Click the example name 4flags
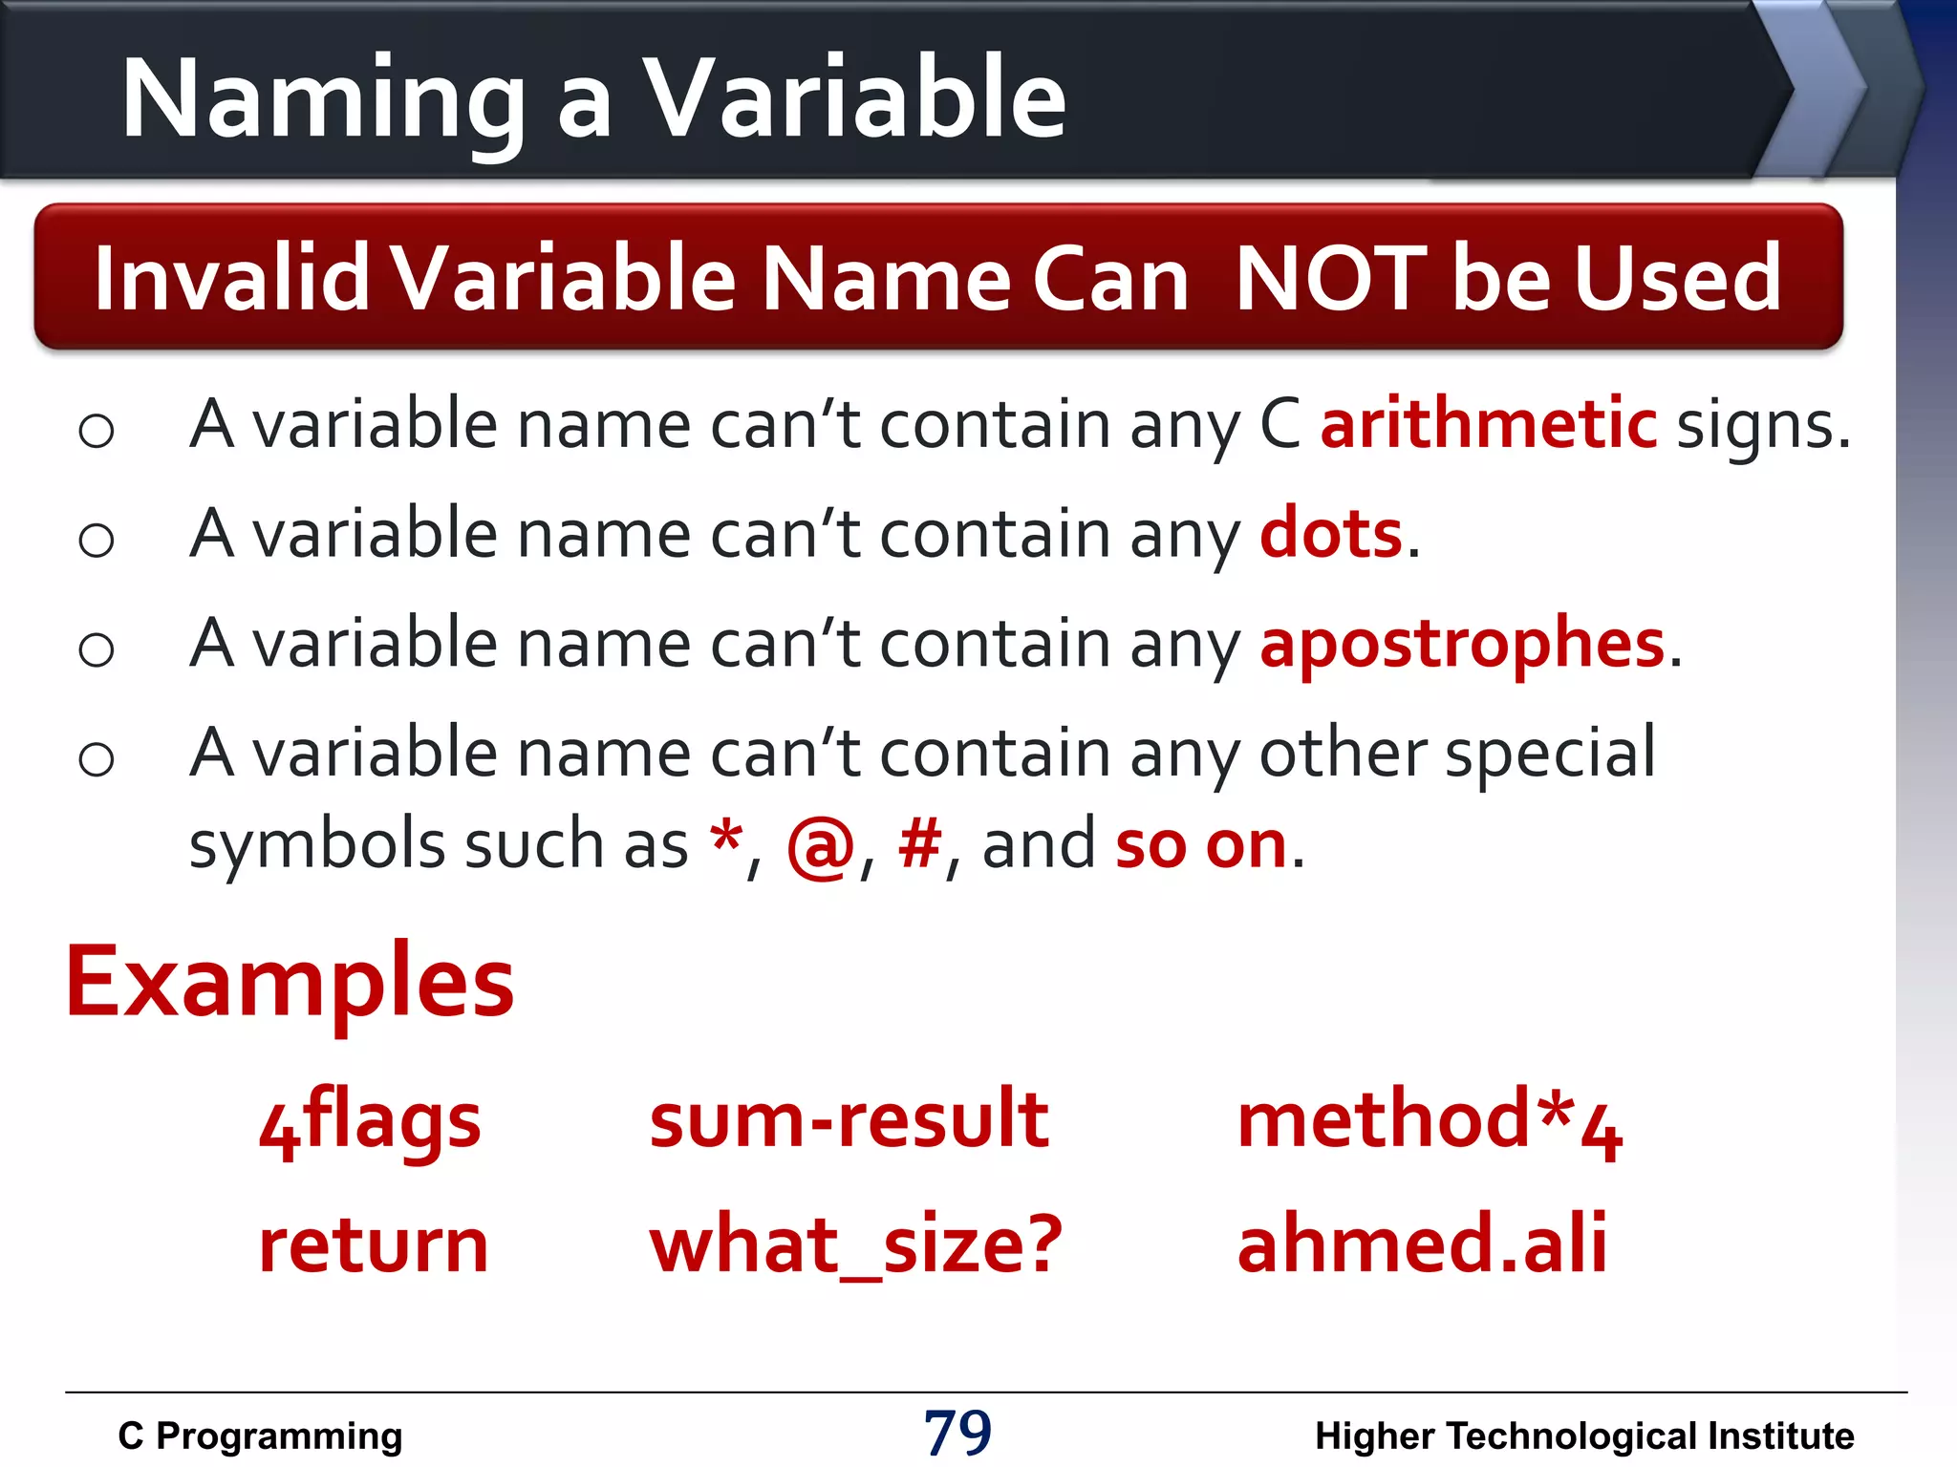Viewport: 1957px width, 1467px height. point(370,1122)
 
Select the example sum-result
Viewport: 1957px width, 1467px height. point(849,1119)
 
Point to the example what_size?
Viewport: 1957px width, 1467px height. point(855,1245)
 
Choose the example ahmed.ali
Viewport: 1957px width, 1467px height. point(1422,1244)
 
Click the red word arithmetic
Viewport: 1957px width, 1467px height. point(1488,423)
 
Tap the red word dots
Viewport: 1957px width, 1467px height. point(1331,533)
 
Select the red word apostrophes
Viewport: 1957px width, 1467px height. point(1462,643)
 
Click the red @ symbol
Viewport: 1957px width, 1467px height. point(820,846)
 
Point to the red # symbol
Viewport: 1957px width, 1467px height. point(919,844)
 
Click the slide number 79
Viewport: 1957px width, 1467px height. point(957,1433)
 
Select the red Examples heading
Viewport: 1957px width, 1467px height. point(290,983)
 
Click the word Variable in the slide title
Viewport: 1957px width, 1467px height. point(853,98)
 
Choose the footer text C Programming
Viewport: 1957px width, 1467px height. point(260,1435)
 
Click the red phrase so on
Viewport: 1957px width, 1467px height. point(1201,845)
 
